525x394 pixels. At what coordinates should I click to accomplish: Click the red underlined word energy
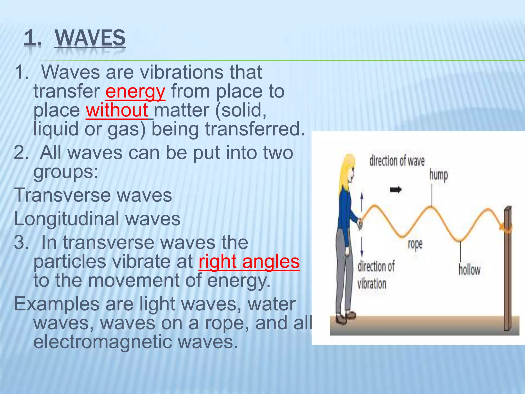click(x=135, y=92)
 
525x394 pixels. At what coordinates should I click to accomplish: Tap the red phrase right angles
click(x=249, y=262)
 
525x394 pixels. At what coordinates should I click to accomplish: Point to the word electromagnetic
click(x=103, y=342)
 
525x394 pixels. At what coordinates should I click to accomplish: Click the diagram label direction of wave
click(x=397, y=161)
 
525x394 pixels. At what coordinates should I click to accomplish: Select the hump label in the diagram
click(x=438, y=175)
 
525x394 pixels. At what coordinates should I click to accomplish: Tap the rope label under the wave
click(x=415, y=244)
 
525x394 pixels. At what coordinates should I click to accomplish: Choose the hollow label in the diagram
click(x=469, y=270)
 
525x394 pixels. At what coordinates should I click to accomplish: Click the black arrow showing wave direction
click(x=396, y=190)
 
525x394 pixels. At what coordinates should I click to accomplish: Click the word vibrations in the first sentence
click(x=182, y=72)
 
